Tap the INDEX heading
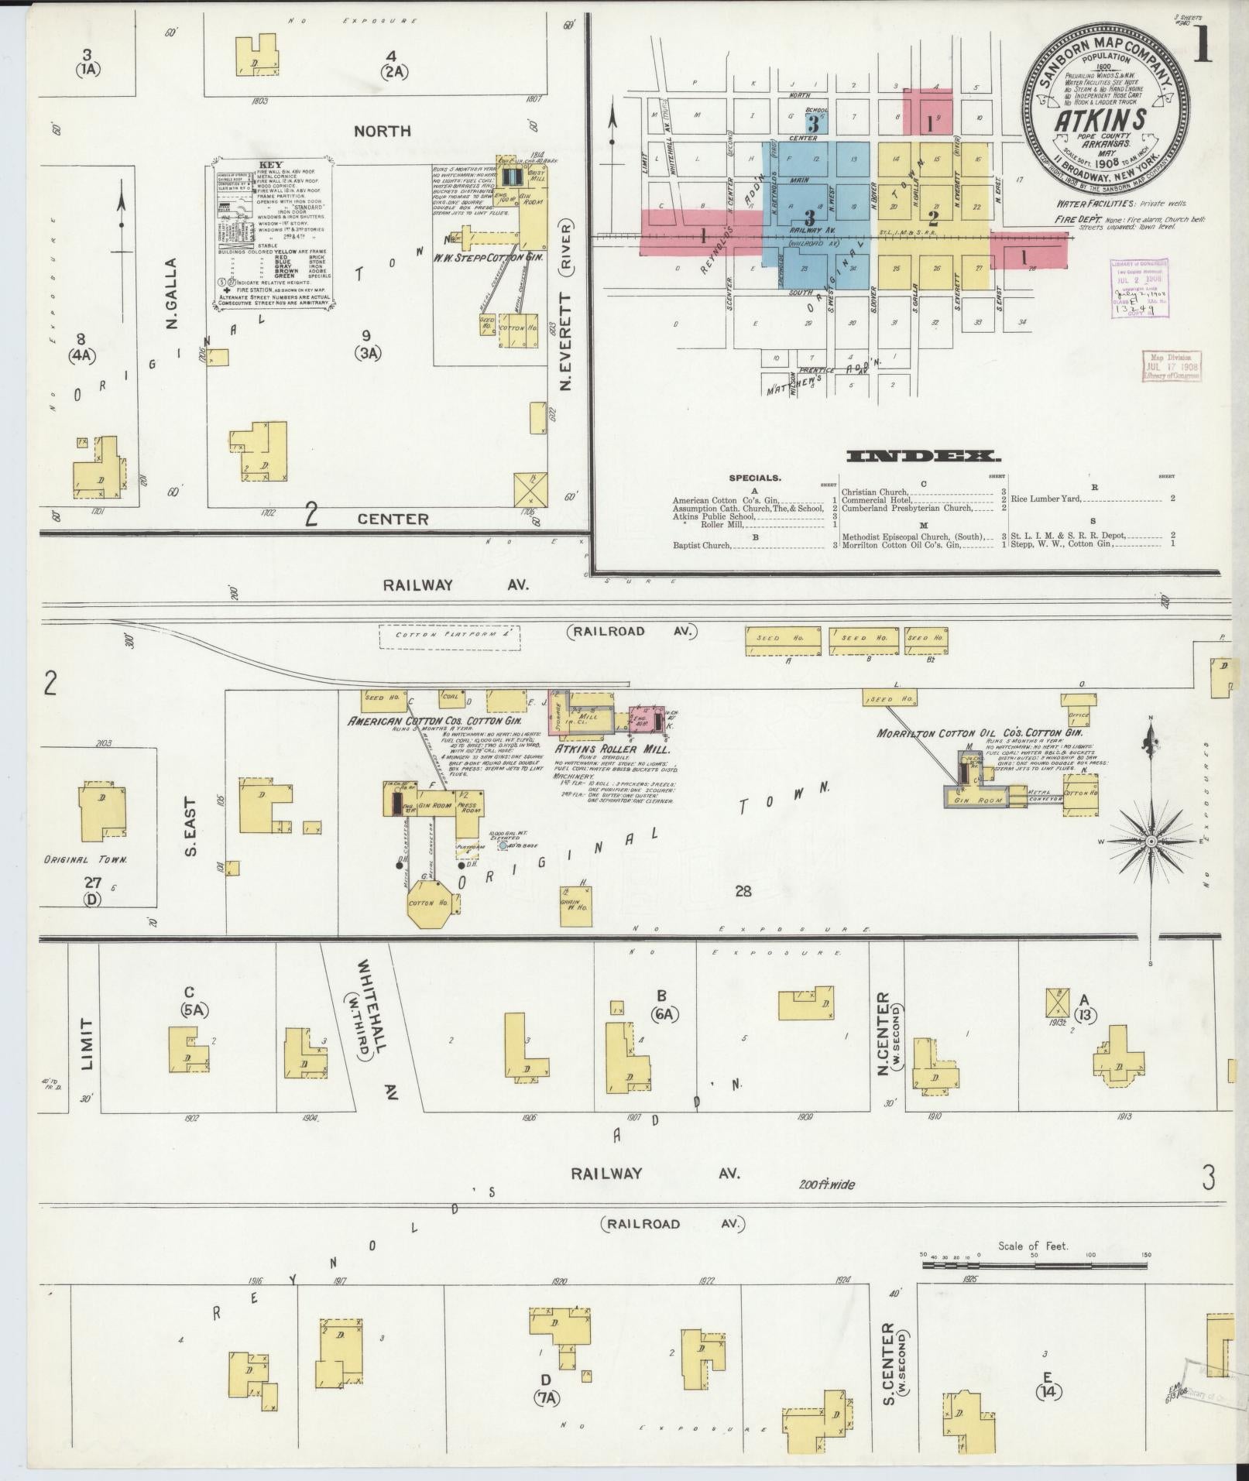pos(923,457)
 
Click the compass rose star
pos(1151,841)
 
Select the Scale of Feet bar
pos(1035,1265)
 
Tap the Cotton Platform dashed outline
pos(449,636)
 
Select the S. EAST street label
pos(190,828)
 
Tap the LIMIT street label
pos(85,1044)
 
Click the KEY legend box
pos(272,237)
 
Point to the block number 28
pos(743,891)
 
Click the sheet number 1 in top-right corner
pos(1203,46)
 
